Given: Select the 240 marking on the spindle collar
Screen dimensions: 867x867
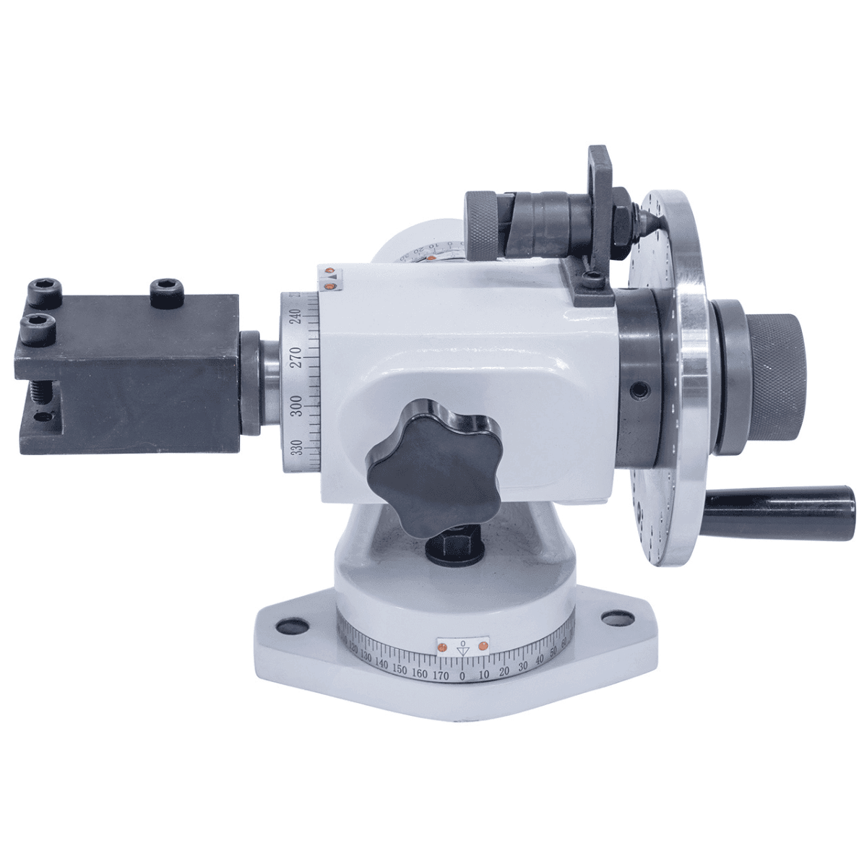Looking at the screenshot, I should point(294,316).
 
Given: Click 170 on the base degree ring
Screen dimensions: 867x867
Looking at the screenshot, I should point(441,676).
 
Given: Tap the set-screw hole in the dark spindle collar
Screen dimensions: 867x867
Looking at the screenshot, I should point(637,390).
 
